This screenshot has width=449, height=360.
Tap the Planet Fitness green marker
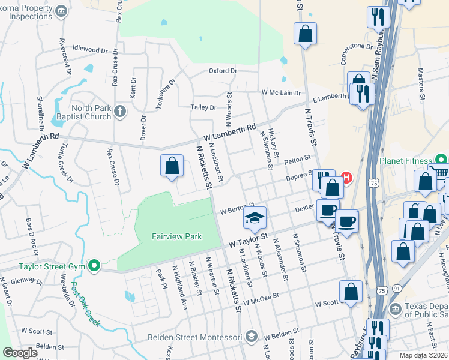[x=441, y=160]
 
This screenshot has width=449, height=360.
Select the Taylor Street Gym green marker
[x=93, y=265]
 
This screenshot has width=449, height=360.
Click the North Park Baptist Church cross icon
[x=120, y=111]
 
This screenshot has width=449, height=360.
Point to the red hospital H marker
[x=346, y=178]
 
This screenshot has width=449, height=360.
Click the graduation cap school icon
[x=255, y=218]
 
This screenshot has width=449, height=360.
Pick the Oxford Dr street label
[x=223, y=71]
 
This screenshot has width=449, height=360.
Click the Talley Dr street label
[x=203, y=107]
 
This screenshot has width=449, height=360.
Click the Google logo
[x=20, y=353]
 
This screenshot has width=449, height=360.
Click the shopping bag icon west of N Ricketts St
[x=172, y=166]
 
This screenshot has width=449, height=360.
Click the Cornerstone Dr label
[x=361, y=46]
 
